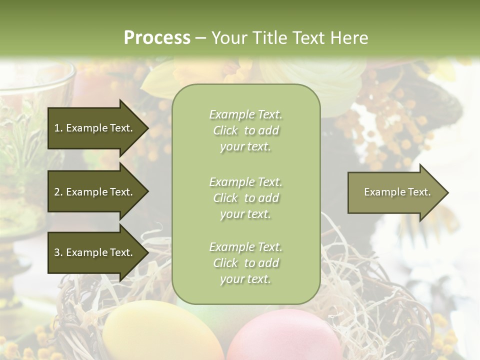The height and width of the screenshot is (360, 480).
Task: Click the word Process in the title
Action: tap(157, 37)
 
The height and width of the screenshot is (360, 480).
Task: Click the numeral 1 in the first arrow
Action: tap(57, 128)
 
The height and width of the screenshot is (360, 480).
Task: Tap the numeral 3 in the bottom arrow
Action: tap(57, 252)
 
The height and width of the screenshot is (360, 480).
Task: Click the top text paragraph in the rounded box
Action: tap(245, 130)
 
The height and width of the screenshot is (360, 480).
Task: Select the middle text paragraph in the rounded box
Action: tap(245, 198)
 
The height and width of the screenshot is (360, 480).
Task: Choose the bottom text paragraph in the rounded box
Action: tap(245, 263)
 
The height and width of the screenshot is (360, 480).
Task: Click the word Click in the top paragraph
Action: tap(225, 130)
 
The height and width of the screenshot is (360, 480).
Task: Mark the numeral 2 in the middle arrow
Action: tap(57, 192)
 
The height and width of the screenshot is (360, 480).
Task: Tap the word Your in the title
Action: tap(230, 37)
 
